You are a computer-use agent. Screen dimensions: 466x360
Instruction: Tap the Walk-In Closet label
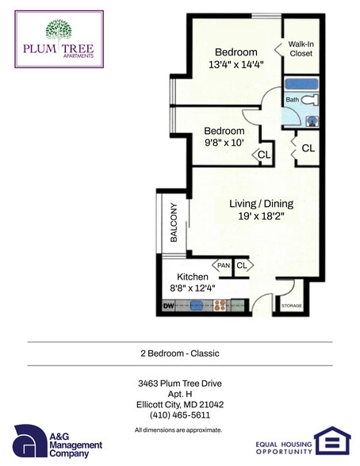[301, 48]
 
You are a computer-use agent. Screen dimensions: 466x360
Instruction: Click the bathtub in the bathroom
[301, 82]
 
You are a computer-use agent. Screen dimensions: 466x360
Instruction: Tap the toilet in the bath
[312, 101]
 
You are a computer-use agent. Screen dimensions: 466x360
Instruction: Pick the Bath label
[292, 100]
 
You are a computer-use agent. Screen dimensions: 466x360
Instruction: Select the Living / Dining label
[253, 204]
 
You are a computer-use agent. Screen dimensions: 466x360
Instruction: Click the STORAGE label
[291, 305]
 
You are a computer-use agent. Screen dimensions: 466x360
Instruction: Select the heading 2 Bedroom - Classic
[180, 353]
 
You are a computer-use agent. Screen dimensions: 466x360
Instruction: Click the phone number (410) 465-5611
[180, 414]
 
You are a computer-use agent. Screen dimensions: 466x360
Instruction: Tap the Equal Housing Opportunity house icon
[330, 441]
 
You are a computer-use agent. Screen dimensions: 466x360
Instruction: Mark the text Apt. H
[180, 394]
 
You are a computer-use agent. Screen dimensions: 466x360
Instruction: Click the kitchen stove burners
[221, 304]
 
